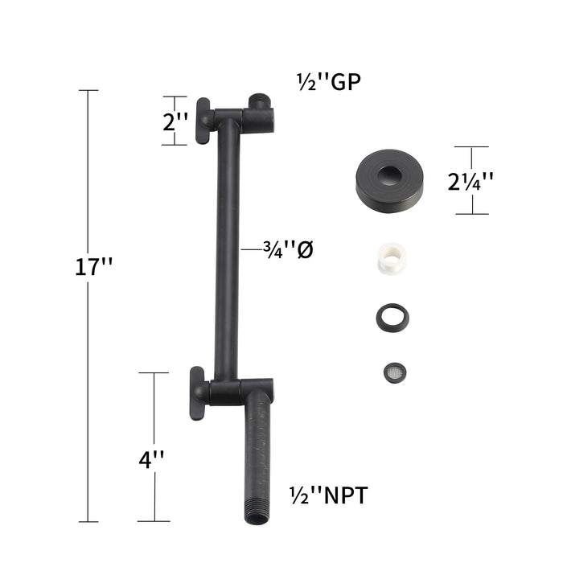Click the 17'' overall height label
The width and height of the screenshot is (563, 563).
tap(94, 266)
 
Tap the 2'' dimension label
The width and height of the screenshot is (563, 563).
tap(175, 121)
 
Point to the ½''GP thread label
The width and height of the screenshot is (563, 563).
tap(328, 82)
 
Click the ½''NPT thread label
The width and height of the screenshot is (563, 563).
tap(328, 495)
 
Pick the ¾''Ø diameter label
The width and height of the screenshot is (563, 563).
tap(288, 249)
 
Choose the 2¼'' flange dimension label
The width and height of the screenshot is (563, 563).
tap(471, 181)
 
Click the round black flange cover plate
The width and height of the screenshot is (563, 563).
tap(389, 181)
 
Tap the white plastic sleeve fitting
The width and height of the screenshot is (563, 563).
tap(392, 259)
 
